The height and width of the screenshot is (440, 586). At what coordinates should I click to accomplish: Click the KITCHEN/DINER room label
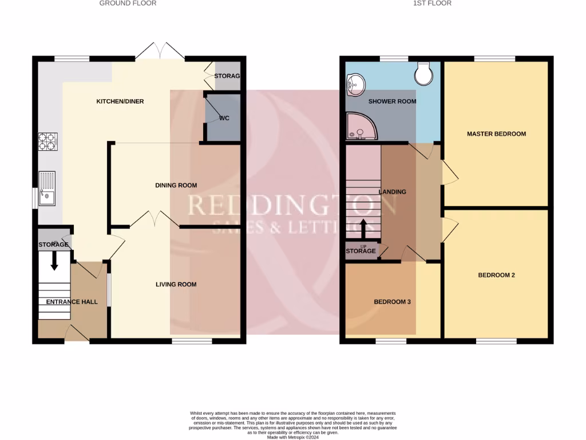tap(120, 101)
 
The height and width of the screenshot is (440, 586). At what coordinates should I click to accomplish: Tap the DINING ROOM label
tap(176, 185)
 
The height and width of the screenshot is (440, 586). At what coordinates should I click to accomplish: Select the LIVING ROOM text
tap(176, 284)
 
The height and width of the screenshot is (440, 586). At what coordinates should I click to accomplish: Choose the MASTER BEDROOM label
tap(496, 134)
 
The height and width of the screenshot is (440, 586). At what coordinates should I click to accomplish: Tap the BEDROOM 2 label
tap(496, 275)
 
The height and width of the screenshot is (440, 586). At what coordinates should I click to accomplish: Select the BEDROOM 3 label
tap(392, 302)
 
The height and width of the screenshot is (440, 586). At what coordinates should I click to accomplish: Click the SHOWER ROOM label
tap(392, 101)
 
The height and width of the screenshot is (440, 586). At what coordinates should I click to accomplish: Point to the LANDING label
tap(392, 192)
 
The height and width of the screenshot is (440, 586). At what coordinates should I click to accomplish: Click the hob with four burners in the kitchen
tap(47, 142)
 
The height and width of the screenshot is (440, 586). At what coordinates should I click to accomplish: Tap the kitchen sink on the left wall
tap(46, 189)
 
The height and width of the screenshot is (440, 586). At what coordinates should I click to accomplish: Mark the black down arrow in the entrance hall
tap(54, 261)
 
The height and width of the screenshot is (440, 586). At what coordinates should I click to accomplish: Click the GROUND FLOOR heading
tap(128, 3)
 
